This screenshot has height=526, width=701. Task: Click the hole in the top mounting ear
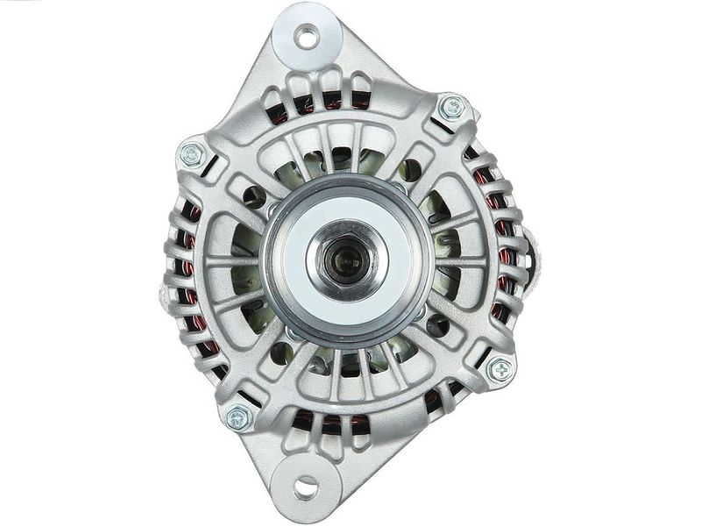click(x=307, y=37)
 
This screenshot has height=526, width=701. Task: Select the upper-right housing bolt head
click(x=452, y=109)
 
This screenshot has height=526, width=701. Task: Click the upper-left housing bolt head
click(x=192, y=155)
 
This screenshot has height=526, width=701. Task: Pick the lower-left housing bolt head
click(x=238, y=417)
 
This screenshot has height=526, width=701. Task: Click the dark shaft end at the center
click(x=344, y=259)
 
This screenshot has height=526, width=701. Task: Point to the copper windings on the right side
click(x=502, y=254)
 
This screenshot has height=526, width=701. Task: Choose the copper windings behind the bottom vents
click(x=333, y=423)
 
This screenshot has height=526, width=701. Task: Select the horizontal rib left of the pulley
click(x=230, y=262)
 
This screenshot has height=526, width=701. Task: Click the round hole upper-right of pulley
click(x=409, y=170)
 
